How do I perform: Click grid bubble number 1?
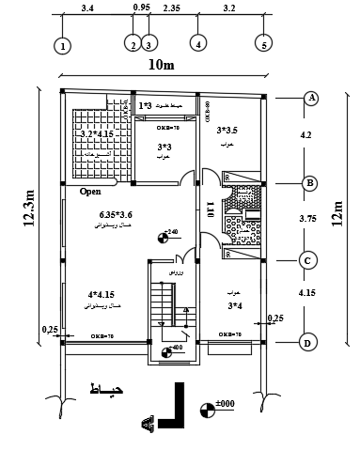62,45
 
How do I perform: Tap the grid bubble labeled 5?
264,44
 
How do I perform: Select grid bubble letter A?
309,99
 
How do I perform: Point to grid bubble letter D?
307,343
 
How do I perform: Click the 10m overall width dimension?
162,66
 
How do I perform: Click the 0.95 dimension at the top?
142,7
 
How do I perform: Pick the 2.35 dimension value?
171,7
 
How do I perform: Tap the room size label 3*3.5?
228,131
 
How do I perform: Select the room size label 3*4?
234,304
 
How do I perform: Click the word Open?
90,191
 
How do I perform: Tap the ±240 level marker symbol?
164,236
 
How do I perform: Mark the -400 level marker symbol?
166,353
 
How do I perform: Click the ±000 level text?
225,405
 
